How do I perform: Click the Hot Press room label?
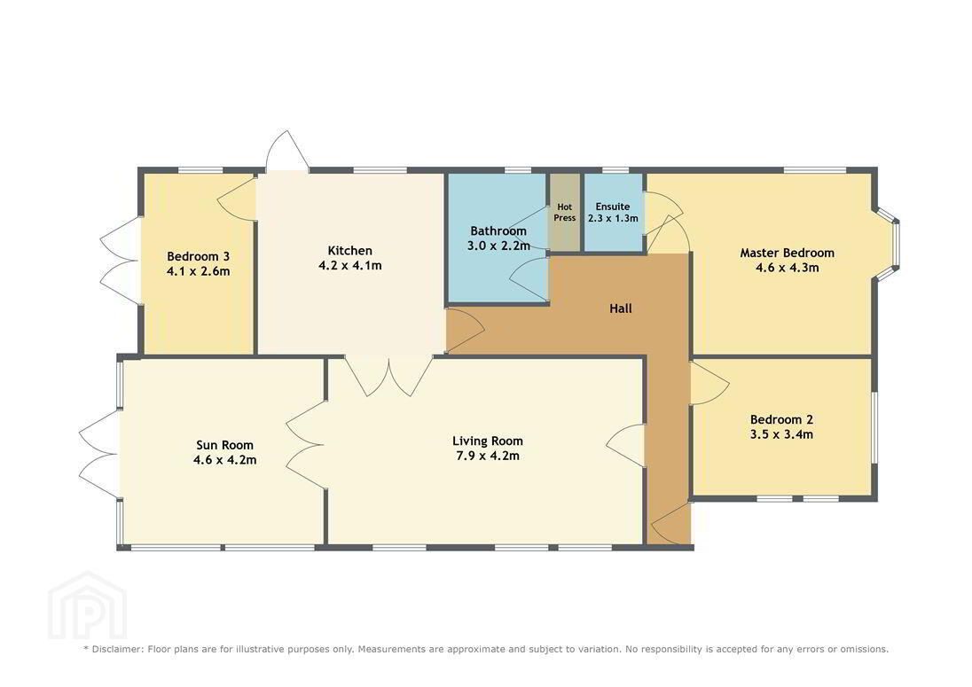pos(565,213)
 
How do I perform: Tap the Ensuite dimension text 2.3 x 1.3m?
pos(613,219)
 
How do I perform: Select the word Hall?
pos(621,308)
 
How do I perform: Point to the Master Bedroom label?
pos(788,253)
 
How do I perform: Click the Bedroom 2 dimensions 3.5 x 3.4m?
pos(781,435)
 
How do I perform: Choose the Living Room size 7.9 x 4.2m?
pos(488,457)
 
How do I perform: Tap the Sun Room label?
pos(224,445)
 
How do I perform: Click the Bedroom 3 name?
pos(199,256)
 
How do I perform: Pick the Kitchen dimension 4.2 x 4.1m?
pos(350,266)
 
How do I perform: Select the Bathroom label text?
pos(498,231)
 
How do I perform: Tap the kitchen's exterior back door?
pos(287,151)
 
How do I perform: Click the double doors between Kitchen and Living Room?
pos(388,376)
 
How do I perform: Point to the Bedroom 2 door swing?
pos(709,383)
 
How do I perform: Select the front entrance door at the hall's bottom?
pos(671,524)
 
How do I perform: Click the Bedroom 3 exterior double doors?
pos(120,261)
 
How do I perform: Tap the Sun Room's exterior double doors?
pos(99,454)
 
